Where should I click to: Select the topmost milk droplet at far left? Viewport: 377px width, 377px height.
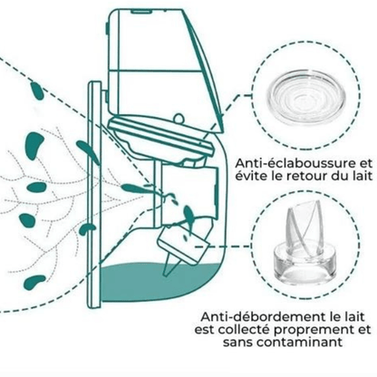[x=36, y=91]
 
